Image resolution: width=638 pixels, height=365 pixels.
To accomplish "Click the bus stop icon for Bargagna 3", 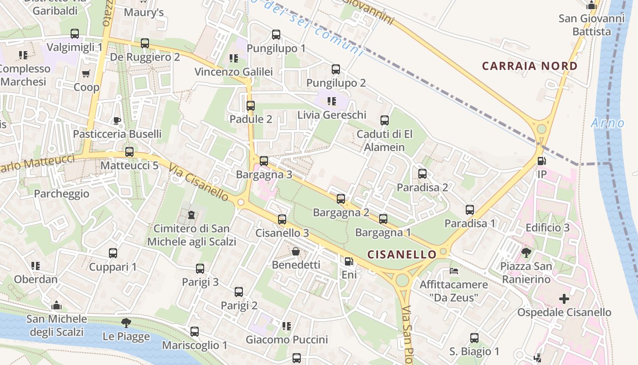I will coord(264,161).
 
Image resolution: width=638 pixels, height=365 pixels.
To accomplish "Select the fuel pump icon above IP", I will coord(542,161).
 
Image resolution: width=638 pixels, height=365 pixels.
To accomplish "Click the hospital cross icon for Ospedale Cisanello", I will coord(564,299).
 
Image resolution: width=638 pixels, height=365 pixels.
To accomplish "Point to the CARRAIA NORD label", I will coord(530,66).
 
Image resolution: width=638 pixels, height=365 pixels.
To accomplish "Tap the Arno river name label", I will coord(607,123).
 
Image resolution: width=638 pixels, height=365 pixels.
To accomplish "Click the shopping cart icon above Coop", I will coord(86,73).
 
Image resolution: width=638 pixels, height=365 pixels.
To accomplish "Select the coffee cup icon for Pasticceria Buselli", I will coord(117,120).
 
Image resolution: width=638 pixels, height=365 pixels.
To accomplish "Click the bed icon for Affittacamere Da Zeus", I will coord(454,271).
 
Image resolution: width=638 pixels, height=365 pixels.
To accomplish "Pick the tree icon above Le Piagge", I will coord(126,323).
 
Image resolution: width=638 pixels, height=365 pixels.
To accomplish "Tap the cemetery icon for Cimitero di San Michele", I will coord(191,214).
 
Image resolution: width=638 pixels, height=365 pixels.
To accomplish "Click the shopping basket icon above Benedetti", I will coord(296,251).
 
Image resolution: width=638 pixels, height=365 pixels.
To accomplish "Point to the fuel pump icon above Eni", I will coord(349,261).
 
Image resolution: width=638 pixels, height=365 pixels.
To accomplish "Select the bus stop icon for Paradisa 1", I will coord(470,210).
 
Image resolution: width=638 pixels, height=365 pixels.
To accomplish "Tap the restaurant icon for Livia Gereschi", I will coord(331,101).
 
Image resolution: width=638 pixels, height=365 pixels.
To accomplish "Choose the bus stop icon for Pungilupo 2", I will coord(336,69).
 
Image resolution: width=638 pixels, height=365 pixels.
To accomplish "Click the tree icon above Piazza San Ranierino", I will coord(526,252).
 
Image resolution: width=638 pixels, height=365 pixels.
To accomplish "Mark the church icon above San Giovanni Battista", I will coord(592,5).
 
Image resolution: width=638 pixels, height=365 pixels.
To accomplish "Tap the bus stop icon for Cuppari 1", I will coord(113,253).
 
